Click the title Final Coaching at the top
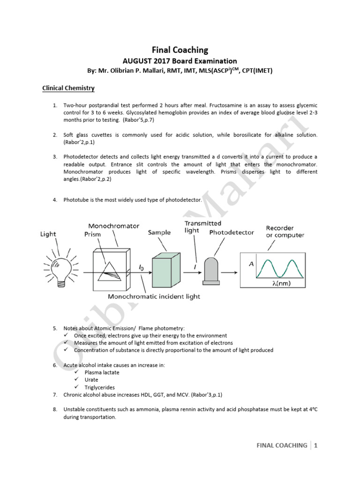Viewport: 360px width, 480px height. tap(180, 49)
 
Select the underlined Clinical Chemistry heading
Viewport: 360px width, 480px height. tap(68, 88)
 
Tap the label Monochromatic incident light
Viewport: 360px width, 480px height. tap(154, 296)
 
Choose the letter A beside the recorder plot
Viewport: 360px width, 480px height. tap(251, 264)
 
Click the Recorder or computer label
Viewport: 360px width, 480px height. tap(285, 232)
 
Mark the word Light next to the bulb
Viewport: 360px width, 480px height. tap(48, 234)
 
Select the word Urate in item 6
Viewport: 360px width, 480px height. tap(91, 380)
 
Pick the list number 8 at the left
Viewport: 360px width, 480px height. tap(55, 409)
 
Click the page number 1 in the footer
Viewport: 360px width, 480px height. tap(316, 445)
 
